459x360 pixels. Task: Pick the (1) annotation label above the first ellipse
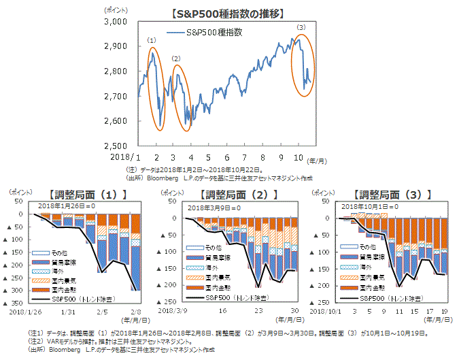pyautogui.click(x=152, y=42)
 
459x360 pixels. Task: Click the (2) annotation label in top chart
pyautogui.click(x=177, y=59)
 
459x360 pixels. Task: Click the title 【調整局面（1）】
pyautogui.click(x=90, y=194)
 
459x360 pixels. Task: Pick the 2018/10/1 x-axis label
pyautogui.click(x=328, y=311)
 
